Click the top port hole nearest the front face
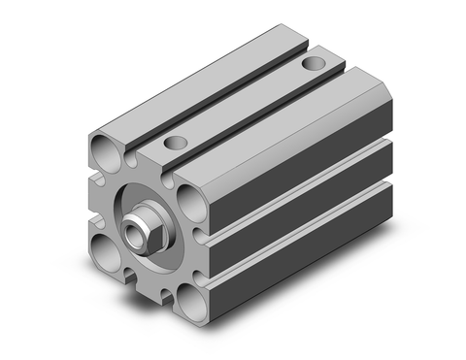click(176, 143)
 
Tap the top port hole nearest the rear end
click(312, 63)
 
